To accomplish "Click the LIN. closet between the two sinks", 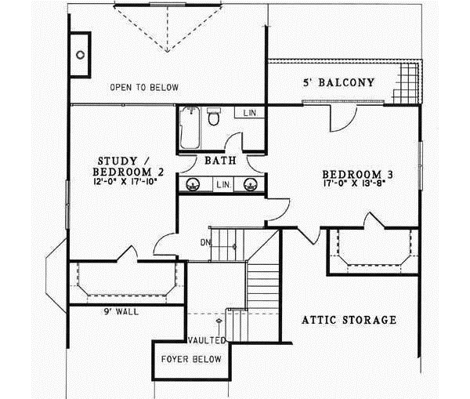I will click(x=222, y=184).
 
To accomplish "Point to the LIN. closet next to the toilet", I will click(x=250, y=114).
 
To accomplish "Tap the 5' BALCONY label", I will click(x=338, y=82).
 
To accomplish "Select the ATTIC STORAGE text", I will click(x=349, y=320).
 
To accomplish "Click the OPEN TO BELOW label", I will click(x=144, y=87).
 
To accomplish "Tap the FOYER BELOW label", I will click(x=191, y=359).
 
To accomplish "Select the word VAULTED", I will click(x=207, y=340).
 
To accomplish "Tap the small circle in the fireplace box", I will click(x=81, y=55).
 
